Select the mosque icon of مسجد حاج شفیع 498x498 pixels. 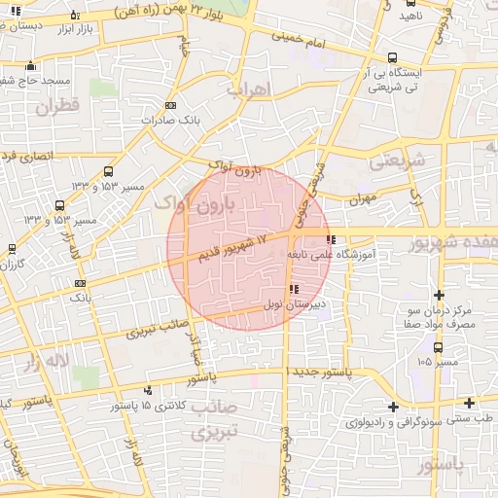(x=33, y=66)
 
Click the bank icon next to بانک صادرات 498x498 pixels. (x=172, y=105)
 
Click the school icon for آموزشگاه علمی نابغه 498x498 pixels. (x=332, y=238)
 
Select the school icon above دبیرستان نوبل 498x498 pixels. (x=293, y=289)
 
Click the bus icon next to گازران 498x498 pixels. (x=12, y=248)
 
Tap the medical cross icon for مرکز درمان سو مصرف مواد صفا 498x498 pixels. (x=440, y=295)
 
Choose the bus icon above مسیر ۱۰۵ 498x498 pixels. (x=438, y=346)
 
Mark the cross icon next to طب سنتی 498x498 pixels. (x=469, y=403)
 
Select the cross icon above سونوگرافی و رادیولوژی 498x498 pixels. (x=393, y=407)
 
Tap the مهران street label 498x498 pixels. (x=359, y=198)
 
